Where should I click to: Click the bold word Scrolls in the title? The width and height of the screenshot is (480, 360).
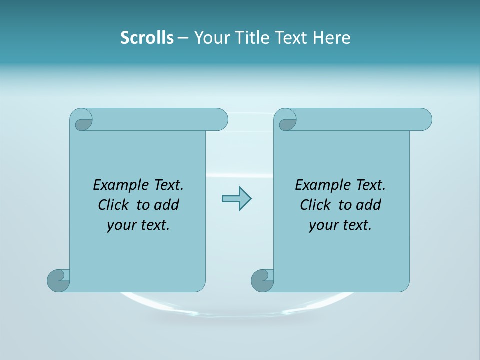[x=147, y=38]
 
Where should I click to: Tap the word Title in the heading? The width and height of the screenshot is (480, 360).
[x=250, y=38]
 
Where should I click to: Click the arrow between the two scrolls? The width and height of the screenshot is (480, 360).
[x=236, y=199]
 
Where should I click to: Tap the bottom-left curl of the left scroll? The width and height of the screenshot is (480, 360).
[x=58, y=281]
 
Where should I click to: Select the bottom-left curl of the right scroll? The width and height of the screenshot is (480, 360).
[x=262, y=281]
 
